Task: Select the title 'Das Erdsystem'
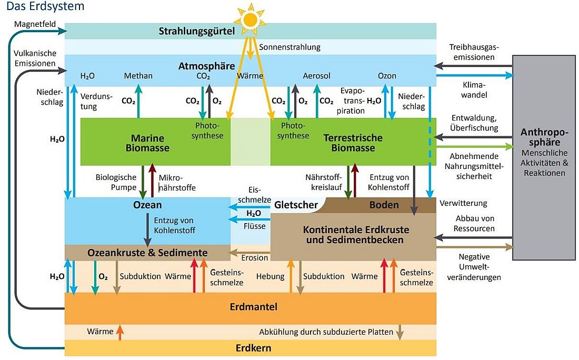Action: click(x=42, y=7)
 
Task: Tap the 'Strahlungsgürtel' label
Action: click(x=196, y=31)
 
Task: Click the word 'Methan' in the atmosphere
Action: click(x=138, y=76)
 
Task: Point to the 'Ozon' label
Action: click(x=387, y=76)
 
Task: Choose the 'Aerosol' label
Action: click(x=317, y=76)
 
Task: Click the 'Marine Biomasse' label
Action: click(x=147, y=143)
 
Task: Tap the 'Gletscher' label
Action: click(x=296, y=205)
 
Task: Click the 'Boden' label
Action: click(x=384, y=205)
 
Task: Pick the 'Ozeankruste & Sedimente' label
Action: click(x=147, y=253)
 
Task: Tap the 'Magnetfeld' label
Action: click(x=35, y=25)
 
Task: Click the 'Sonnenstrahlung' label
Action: click(x=289, y=47)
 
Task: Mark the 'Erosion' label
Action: click(x=255, y=258)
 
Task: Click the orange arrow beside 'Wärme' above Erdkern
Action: click(x=120, y=332)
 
